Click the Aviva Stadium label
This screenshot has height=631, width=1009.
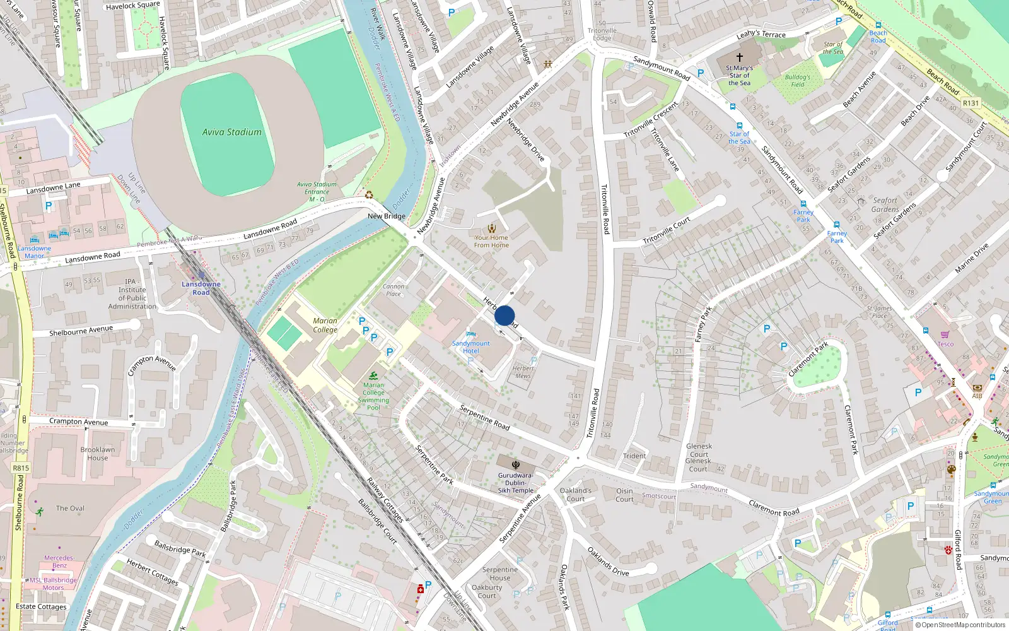tap(231, 132)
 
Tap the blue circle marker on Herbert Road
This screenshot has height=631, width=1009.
tap(504, 315)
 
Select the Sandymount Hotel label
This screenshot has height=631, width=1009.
tap(470, 347)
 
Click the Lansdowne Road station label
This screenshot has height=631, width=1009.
tap(201, 288)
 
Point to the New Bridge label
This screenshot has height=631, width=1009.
tap(387, 216)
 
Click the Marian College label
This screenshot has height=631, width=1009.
tap(325, 325)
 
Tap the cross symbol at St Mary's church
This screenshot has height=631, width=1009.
tap(740, 57)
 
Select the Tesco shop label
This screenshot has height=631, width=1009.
tap(945, 344)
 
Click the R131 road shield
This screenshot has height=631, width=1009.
tap(971, 103)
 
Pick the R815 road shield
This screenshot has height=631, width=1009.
tap(21, 468)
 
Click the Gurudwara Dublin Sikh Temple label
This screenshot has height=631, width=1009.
tap(515, 483)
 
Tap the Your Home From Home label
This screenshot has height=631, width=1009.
tap(491, 241)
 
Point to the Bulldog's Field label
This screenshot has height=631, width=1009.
tap(798, 81)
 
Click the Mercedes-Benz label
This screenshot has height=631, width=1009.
tap(59, 562)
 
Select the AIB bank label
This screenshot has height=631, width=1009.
tap(977, 396)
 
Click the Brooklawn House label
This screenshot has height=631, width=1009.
tap(98, 454)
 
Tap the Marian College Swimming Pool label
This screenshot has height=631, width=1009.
tap(373, 396)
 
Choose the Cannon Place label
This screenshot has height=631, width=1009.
tap(394, 290)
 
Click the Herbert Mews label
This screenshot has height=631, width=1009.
tap(523, 372)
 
